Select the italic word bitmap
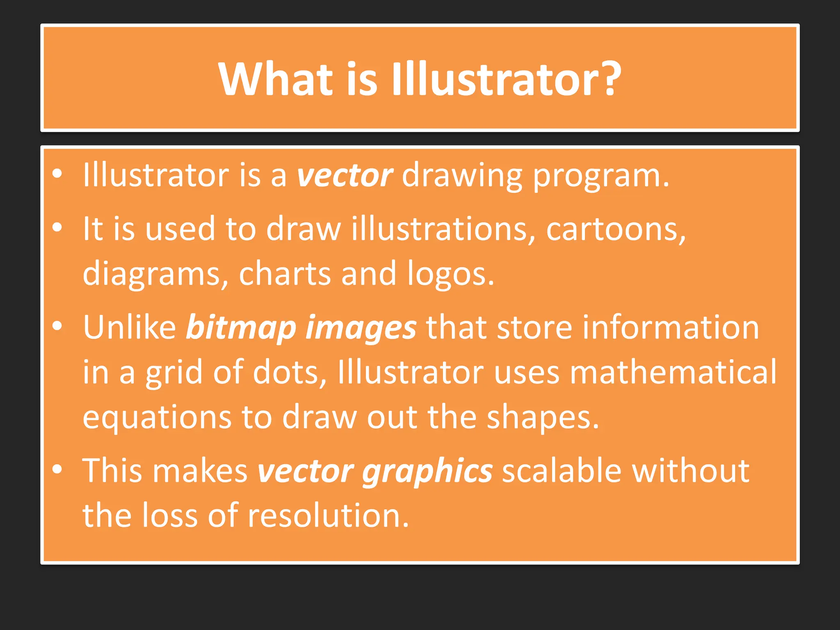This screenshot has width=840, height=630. click(x=241, y=328)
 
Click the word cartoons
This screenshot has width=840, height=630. click(x=615, y=229)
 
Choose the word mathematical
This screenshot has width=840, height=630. click(x=673, y=372)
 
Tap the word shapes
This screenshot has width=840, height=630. click(x=543, y=418)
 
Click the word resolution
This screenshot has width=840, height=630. click(x=328, y=515)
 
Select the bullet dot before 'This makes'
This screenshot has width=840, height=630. click(x=57, y=469)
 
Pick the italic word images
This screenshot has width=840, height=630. click(x=361, y=328)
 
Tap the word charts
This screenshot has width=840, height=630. click(x=285, y=274)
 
